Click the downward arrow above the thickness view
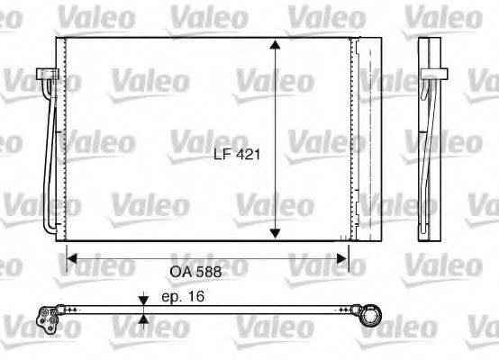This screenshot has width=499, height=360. click(141, 299)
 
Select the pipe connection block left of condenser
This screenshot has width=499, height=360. click(42, 78)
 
